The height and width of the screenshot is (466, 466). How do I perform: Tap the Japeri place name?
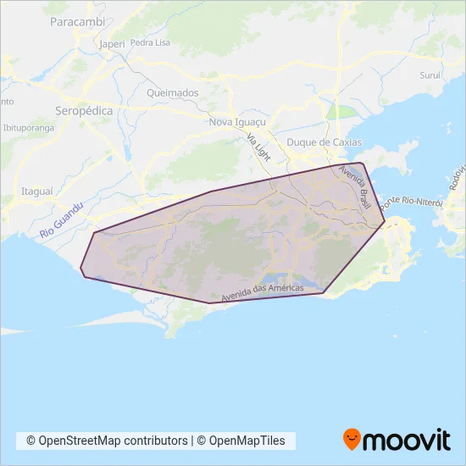point(111,43)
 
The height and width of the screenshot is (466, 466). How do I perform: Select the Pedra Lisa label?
point(152,42)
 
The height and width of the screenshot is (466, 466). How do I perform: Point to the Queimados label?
point(172,92)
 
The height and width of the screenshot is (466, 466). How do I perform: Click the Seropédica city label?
point(85,111)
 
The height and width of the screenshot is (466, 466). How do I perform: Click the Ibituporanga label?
point(29,128)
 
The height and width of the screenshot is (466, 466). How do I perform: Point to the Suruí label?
point(432,75)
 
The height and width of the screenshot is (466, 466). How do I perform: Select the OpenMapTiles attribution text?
point(247,441)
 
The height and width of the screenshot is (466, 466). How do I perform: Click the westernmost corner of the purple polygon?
point(81,270)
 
